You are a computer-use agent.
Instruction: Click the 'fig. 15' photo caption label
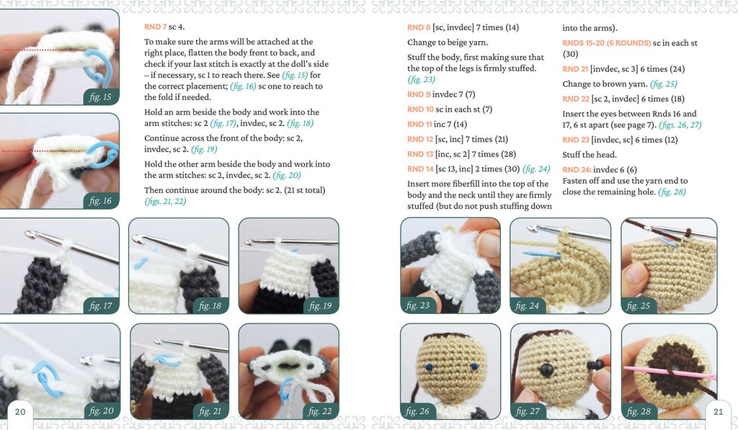(100, 97)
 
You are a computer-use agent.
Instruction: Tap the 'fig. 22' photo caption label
(320, 411)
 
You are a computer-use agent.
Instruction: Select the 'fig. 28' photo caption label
(639, 411)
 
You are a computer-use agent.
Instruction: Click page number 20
(20, 412)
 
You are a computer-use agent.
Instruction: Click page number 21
(719, 412)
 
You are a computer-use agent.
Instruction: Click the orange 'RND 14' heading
(420, 169)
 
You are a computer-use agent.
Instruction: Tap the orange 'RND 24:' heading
(577, 169)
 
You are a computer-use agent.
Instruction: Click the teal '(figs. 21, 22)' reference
(165, 202)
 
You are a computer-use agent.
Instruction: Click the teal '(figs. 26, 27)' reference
(680, 125)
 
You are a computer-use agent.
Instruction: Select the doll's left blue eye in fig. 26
(429, 367)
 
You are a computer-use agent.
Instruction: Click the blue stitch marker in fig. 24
(542, 254)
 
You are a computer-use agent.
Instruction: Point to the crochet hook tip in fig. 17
(30, 234)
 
